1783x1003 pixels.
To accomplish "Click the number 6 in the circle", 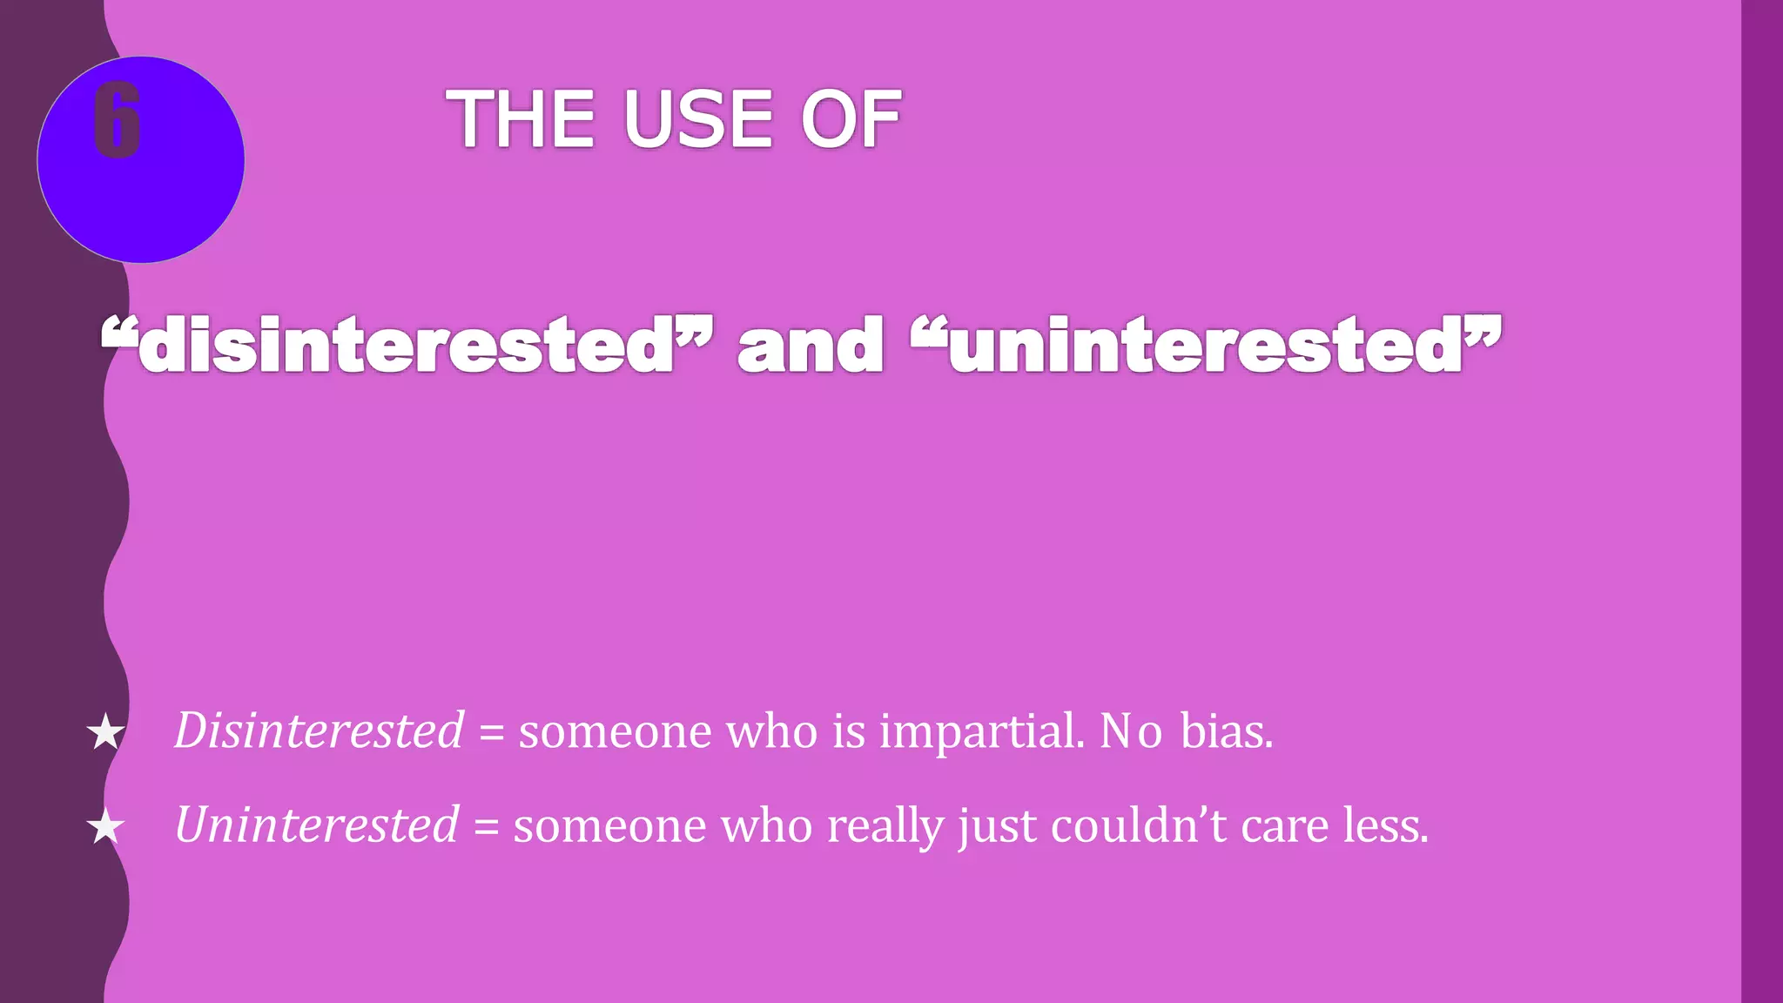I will point(117,121).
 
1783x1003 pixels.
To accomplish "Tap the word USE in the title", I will point(698,119).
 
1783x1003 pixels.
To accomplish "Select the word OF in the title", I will point(851,119).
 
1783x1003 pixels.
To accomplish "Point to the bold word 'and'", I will point(811,346).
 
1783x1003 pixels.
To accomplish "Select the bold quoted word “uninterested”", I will point(1206,346).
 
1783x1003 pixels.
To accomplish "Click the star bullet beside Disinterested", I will point(105,731).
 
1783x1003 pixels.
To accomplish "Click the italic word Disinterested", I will point(319,730).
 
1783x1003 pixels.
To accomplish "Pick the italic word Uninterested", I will point(316,824).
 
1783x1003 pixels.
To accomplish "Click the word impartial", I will point(982,731).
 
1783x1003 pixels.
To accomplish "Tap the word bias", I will point(1226,730).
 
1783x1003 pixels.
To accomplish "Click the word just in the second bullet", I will point(997,825).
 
